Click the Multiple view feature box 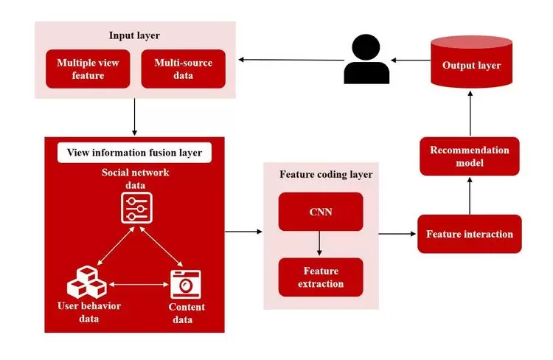pos(88,69)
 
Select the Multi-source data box pos(183,69)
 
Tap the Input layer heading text pos(134,35)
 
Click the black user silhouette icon pos(366,60)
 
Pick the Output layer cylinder pos(471,63)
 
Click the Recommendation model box pos(469,156)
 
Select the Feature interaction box pos(469,234)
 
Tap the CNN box pos(320,212)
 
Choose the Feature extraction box pos(320,277)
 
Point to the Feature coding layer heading pos(326,175)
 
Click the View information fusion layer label pos(134,153)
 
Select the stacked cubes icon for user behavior pos(86,282)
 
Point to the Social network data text pos(136,178)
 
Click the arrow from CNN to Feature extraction pos(320,244)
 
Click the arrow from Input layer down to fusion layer pos(134,117)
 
